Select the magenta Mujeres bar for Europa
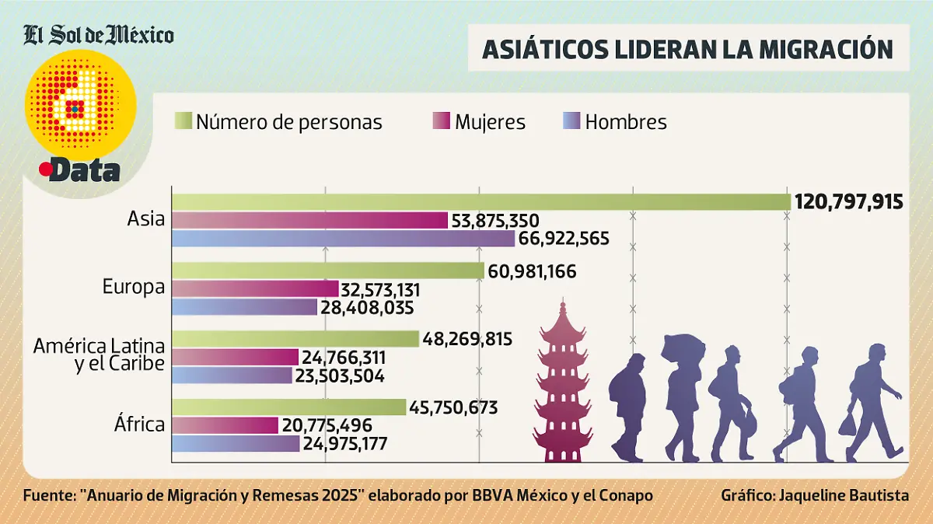[x=255, y=289]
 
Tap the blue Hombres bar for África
[x=236, y=444]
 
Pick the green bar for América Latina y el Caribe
[x=295, y=338]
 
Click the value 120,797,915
[x=848, y=202]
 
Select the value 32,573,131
[x=381, y=289]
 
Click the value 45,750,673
[x=453, y=407]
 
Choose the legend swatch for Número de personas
[x=183, y=122]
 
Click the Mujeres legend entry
[x=490, y=122]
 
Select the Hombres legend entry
[x=625, y=122]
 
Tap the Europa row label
[x=134, y=287]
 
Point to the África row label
[x=138, y=424]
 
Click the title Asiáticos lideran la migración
[x=687, y=48]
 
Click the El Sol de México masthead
[x=99, y=35]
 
